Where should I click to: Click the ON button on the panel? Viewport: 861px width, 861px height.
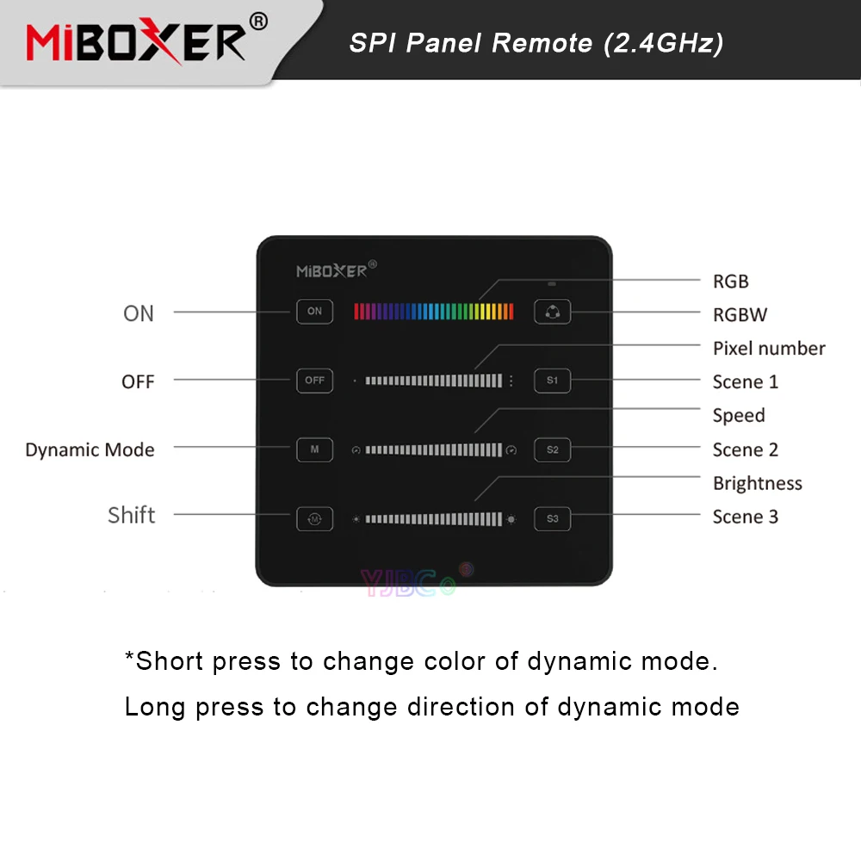point(314,311)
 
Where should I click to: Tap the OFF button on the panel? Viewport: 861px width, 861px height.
point(314,380)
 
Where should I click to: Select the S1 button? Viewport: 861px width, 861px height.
point(552,380)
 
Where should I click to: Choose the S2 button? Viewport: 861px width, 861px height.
point(552,449)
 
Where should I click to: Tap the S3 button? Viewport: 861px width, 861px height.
point(552,518)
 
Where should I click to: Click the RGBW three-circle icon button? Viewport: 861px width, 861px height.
point(552,312)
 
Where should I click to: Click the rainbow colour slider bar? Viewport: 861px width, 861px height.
point(433,311)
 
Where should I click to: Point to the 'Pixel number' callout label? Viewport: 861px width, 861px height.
point(769,349)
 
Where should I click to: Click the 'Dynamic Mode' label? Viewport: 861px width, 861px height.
point(90,450)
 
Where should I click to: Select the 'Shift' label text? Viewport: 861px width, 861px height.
point(132,515)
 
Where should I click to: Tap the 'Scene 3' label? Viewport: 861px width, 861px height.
point(746,517)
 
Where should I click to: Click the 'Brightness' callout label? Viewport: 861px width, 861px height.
point(758,484)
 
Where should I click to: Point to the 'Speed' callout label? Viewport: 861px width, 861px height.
point(739,416)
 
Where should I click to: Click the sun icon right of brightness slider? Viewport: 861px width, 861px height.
point(512,519)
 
